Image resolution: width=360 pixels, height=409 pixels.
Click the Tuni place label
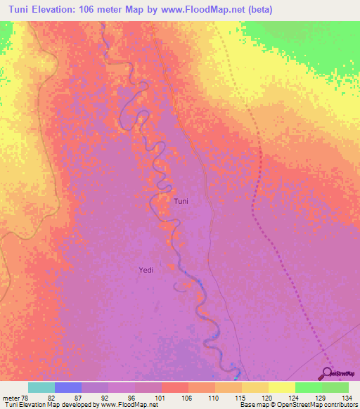181,202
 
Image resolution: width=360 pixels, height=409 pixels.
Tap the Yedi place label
146,269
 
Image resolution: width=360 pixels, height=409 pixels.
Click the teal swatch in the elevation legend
41,387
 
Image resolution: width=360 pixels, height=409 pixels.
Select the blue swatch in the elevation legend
68,387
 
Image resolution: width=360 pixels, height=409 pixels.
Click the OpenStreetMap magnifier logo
328,373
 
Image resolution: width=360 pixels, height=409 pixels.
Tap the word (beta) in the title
259,9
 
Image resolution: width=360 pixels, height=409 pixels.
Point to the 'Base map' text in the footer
255,405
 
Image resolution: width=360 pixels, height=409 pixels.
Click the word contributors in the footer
339,405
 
